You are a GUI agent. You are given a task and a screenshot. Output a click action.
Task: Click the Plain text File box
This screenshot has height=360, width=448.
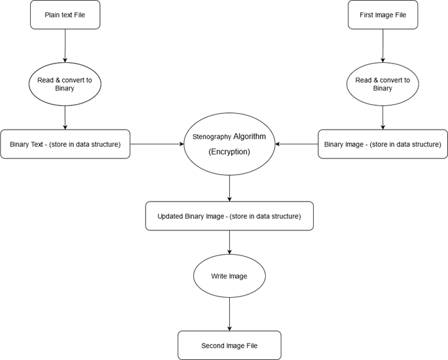tap(65, 15)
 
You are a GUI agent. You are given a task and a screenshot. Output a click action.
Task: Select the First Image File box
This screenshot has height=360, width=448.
tap(383, 15)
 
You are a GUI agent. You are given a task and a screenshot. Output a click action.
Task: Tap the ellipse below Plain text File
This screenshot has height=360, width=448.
tap(65, 84)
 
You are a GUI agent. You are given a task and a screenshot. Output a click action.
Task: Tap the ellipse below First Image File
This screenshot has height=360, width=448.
tap(383, 84)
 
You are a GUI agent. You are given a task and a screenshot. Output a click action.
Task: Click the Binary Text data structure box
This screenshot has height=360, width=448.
tap(65, 144)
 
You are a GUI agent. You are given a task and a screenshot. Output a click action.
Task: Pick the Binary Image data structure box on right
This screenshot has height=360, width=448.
tap(383, 144)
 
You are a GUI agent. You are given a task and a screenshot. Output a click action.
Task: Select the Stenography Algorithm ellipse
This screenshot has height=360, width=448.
tap(229, 144)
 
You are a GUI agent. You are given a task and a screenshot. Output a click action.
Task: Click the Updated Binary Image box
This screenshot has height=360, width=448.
tap(229, 216)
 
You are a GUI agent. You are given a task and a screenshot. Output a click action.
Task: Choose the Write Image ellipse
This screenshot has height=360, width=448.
tap(229, 276)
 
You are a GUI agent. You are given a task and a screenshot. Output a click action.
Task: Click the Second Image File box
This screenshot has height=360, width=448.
tap(229, 345)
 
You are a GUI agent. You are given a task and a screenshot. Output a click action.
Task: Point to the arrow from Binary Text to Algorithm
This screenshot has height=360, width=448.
tap(157, 144)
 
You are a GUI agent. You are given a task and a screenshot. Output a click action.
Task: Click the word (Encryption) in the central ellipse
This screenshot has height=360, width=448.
tap(229, 152)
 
